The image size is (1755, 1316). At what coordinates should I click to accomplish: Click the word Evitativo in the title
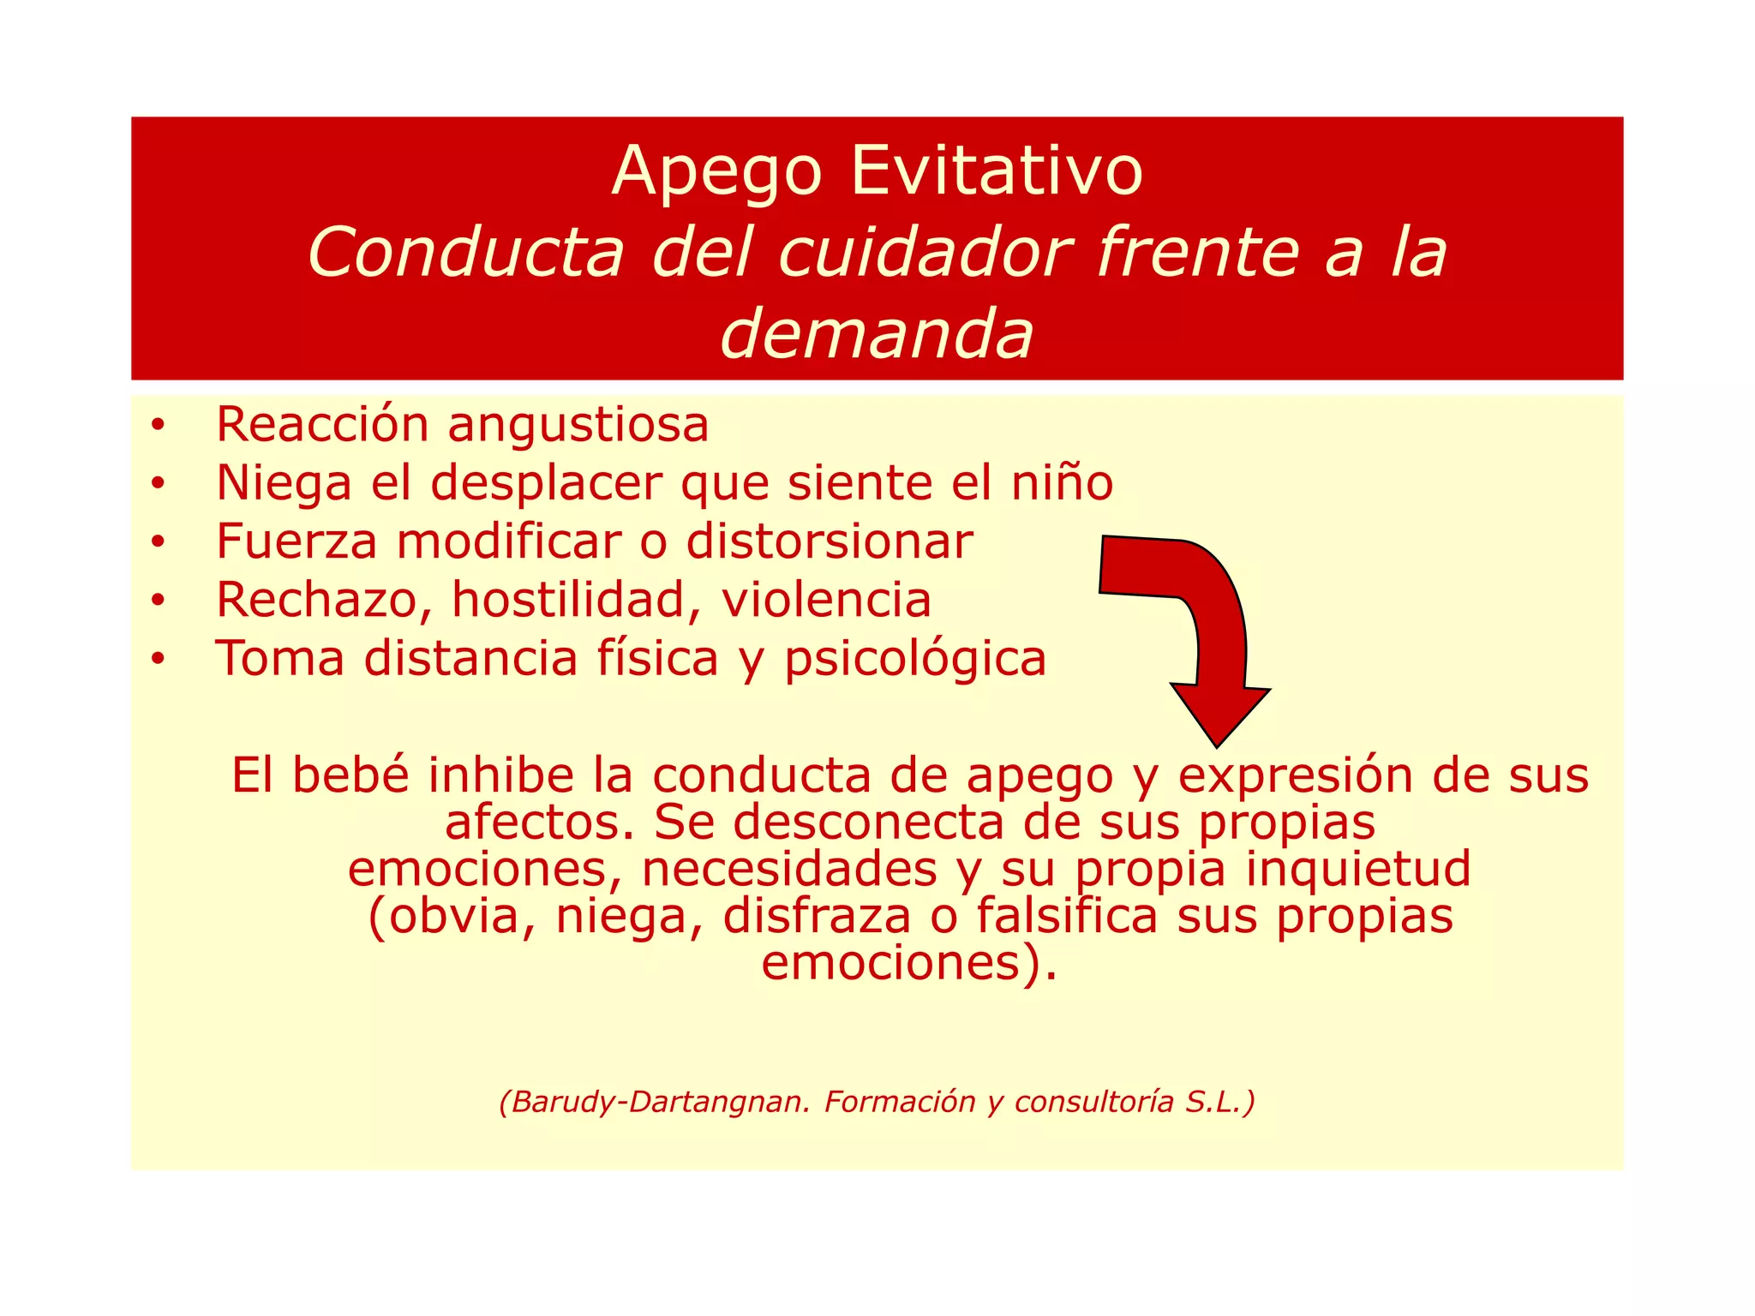[x=996, y=171]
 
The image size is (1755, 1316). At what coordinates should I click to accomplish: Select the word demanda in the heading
[x=877, y=333]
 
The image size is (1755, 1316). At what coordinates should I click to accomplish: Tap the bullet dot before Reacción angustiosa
[x=156, y=426]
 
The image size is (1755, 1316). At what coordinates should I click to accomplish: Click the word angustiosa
[x=578, y=426]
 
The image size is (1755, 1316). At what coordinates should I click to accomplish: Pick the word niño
[x=1062, y=483]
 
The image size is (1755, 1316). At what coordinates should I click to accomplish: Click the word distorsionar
[x=830, y=541]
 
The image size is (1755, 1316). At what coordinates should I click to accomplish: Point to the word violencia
[x=826, y=600]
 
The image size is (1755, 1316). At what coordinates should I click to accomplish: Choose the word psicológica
[x=915, y=660]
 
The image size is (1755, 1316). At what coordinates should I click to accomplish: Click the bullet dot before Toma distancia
[x=156, y=660]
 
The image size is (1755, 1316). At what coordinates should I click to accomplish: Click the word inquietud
[x=1358, y=869]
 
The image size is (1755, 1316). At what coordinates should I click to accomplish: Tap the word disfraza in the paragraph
[x=817, y=916]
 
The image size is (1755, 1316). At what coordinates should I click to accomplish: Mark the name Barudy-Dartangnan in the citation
[x=654, y=1102]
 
